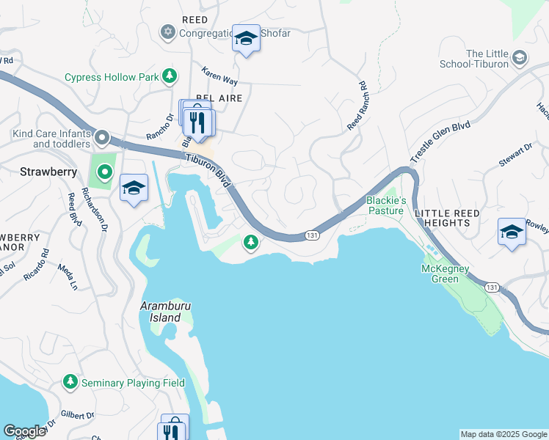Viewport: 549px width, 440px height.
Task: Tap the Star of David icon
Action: coord(167,32)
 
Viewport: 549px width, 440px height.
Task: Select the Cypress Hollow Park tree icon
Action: coord(170,76)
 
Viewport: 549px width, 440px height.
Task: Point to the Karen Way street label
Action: coord(219,76)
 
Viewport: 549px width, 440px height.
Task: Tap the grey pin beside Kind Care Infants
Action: coord(103,138)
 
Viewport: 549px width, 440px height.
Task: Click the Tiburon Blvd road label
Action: coord(208,166)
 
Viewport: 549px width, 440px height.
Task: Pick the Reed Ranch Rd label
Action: coord(357,106)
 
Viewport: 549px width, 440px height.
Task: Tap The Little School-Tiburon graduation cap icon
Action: coord(519,58)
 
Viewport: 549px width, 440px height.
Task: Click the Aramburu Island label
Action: coord(161,312)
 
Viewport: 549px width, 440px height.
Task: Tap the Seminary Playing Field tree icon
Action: coord(70,381)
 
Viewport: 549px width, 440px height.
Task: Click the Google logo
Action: coord(24,431)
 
